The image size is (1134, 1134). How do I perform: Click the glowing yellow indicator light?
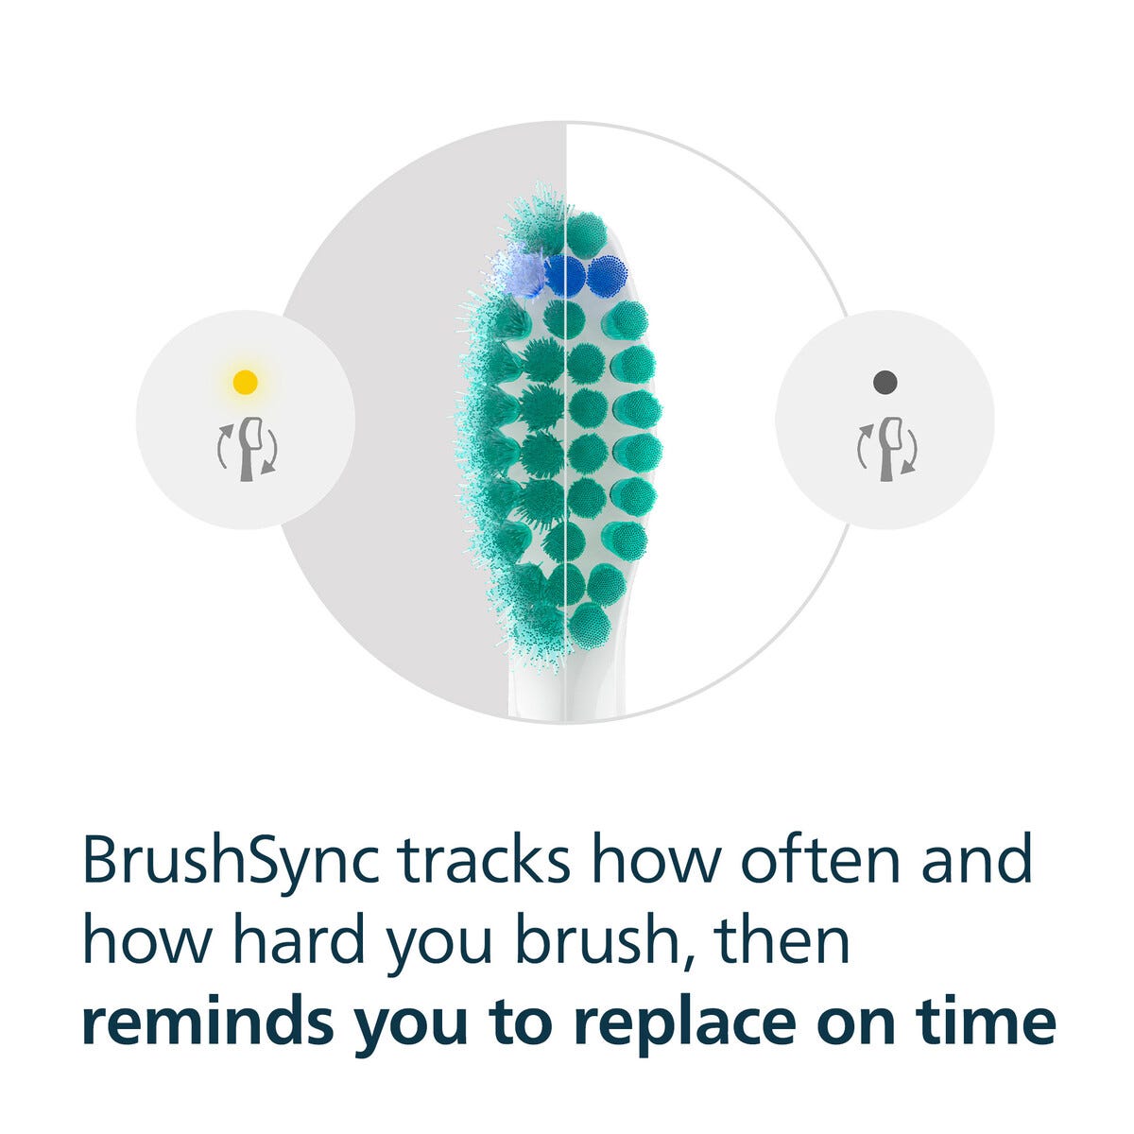click(245, 383)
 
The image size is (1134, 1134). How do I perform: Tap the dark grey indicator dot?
click(885, 383)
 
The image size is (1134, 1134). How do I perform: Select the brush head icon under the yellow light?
click(248, 449)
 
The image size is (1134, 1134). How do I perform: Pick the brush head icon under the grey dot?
click(887, 449)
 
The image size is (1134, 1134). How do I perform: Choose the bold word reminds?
click(208, 1022)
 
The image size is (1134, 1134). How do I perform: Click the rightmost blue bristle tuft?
click(608, 276)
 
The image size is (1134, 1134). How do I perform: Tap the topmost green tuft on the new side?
click(587, 233)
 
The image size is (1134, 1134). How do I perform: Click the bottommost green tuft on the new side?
click(590, 626)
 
